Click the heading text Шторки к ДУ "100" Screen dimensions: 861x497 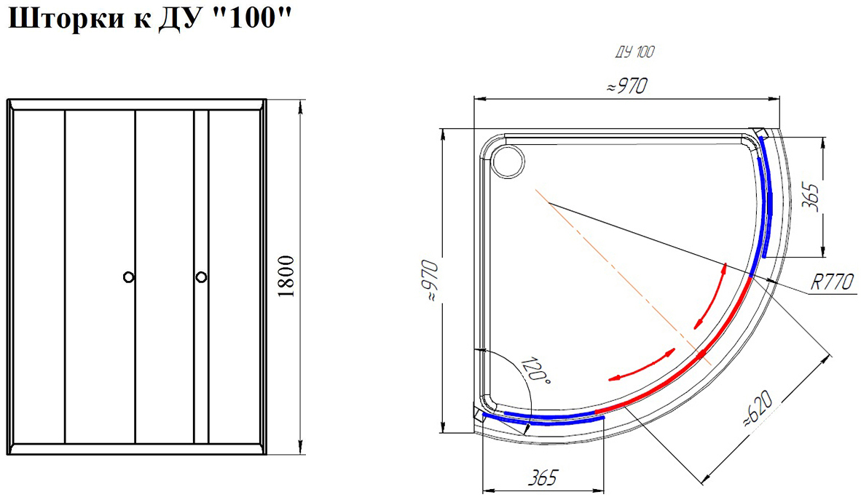click(x=149, y=19)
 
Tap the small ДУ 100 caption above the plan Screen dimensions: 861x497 click(x=634, y=52)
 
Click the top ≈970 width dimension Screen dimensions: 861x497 click(x=627, y=87)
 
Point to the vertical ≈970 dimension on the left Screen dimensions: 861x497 click(x=431, y=281)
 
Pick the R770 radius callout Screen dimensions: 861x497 click(x=833, y=282)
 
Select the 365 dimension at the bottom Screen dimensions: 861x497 click(x=543, y=478)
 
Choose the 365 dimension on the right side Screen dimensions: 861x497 click(x=811, y=197)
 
